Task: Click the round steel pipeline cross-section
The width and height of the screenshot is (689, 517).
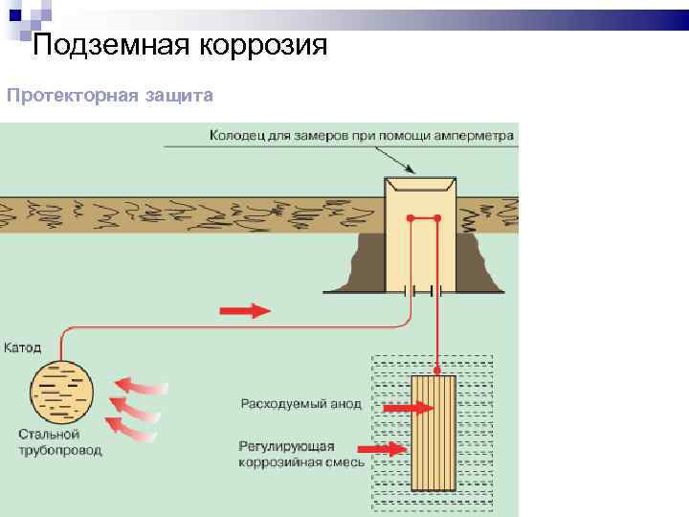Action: pos(63,392)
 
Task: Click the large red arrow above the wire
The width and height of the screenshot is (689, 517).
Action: pos(245,310)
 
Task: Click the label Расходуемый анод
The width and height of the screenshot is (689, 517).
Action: pos(300,404)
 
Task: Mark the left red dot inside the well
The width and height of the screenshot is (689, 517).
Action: pos(410,219)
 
